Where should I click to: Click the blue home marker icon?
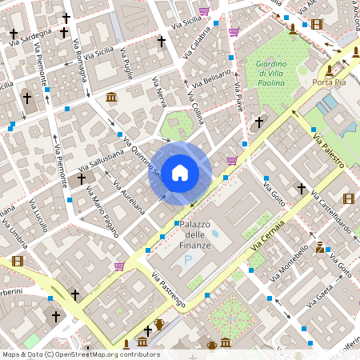180,172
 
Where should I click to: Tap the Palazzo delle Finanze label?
195,234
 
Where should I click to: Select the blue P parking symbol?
188,260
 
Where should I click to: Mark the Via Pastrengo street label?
168,290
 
